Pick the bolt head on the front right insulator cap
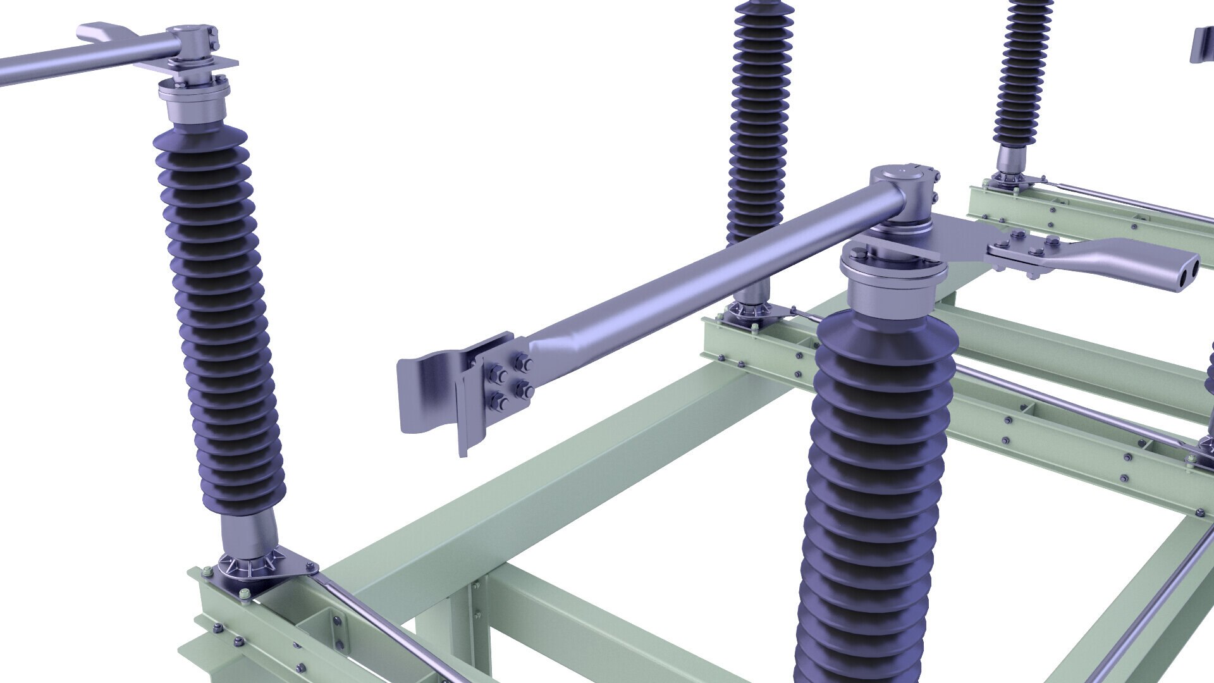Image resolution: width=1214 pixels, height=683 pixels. (857, 255)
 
